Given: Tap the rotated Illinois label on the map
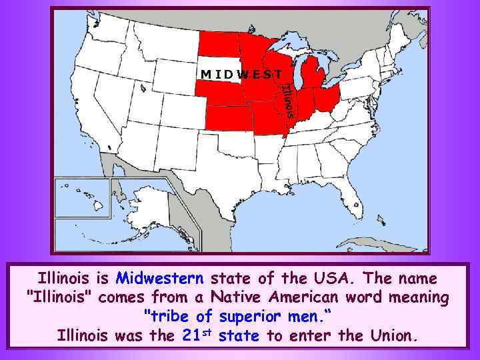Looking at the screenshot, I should click(x=287, y=100).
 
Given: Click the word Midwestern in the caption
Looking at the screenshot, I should click(x=159, y=276).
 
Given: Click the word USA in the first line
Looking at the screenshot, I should click(x=339, y=276).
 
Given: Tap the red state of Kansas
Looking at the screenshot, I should click(x=230, y=118).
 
